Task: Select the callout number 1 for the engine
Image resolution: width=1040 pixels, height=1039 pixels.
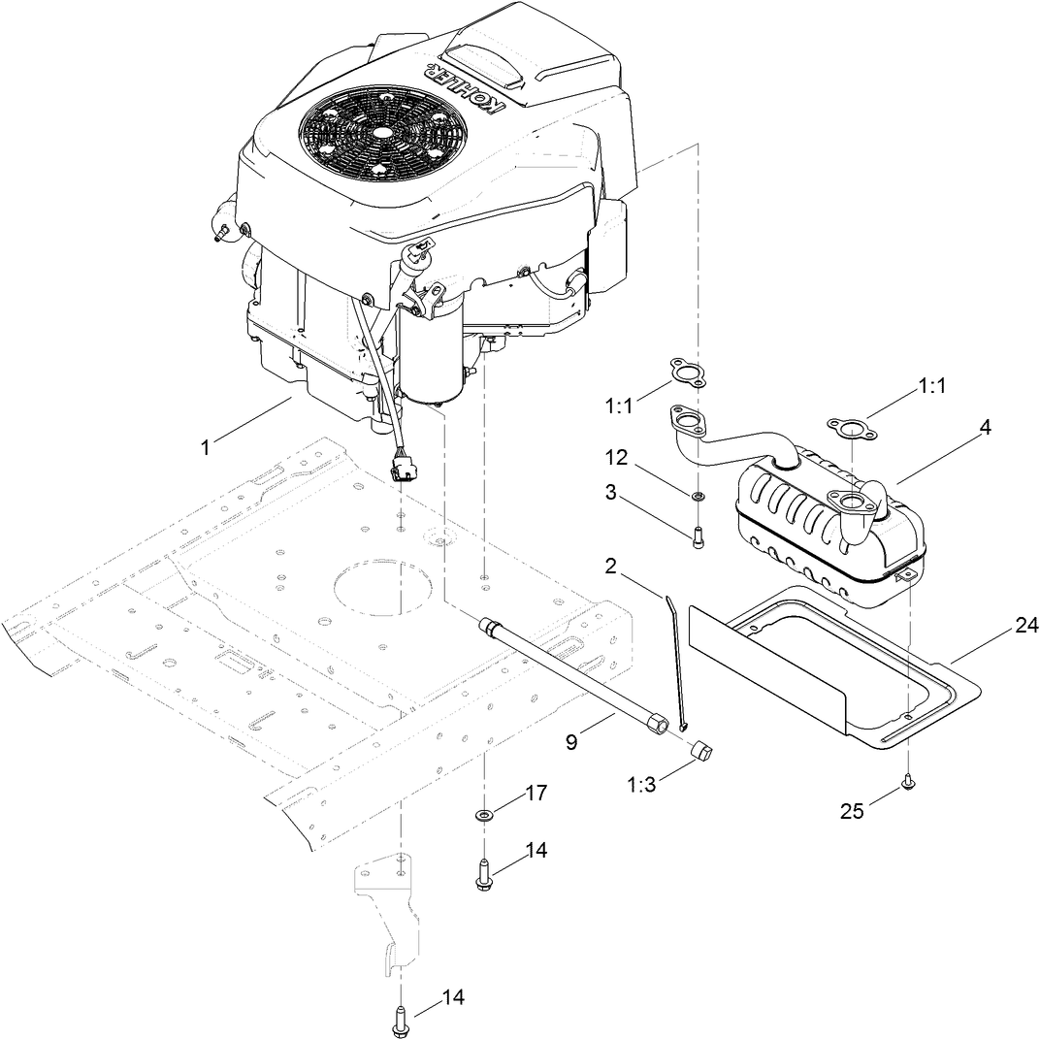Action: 205,447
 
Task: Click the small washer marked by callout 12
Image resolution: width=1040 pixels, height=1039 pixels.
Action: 698,497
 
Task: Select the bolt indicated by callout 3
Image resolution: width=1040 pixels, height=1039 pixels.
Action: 699,537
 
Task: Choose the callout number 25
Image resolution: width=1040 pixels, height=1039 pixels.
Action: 852,811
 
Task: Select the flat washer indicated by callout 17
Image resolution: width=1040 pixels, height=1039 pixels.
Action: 484,813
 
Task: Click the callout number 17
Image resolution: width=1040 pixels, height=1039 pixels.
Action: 536,793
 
